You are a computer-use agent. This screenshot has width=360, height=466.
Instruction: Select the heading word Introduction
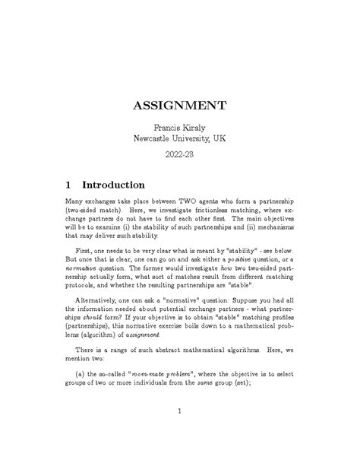click(x=113, y=185)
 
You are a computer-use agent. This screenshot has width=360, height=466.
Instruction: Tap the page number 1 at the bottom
click(x=179, y=433)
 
